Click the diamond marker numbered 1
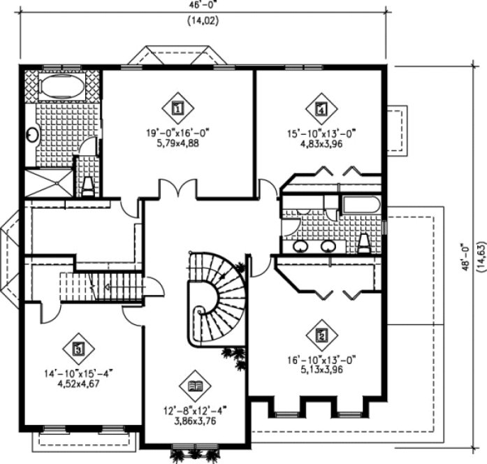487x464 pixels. coord(177,108)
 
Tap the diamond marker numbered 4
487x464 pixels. coord(321,108)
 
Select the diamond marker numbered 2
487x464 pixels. coord(321,335)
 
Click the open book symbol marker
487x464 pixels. coord(195,386)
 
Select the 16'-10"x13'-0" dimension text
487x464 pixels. coord(322,358)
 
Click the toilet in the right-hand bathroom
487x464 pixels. coord(364,242)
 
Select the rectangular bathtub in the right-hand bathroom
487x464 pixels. coord(361,205)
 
